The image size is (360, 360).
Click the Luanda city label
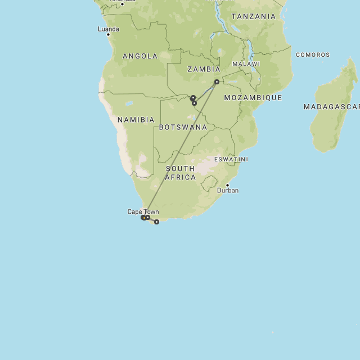[x=109, y=29]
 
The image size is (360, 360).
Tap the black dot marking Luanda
[x=108, y=35]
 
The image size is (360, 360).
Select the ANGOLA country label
[x=140, y=56]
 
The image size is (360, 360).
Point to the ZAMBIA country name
[x=204, y=69]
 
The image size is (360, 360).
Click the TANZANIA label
[x=254, y=16]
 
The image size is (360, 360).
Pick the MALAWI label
[x=246, y=64]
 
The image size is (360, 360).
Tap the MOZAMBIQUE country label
[x=253, y=97]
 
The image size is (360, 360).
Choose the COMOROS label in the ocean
[x=313, y=55]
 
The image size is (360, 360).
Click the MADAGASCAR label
[x=331, y=106]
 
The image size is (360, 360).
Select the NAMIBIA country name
[x=136, y=120]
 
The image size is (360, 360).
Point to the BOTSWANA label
[x=183, y=127]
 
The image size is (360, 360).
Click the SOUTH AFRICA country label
[x=181, y=173]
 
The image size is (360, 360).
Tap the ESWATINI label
[x=231, y=159]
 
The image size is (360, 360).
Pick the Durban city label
[x=228, y=191]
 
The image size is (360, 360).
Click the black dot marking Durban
[x=227, y=185]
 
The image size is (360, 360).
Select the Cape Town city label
[x=143, y=211]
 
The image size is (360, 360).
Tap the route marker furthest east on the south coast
[x=156, y=222]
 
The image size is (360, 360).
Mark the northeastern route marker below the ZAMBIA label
[x=217, y=82]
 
